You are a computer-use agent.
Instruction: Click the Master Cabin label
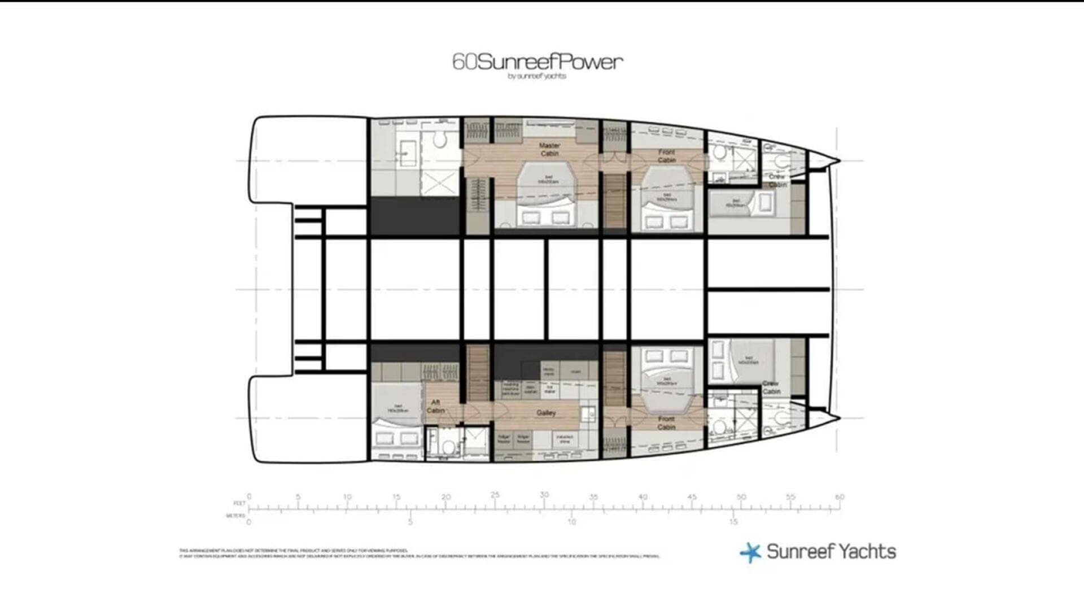pyautogui.click(x=549, y=150)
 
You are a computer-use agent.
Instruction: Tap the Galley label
pyautogui.click(x=546, y=413)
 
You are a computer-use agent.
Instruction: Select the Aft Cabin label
pyautogui.click(x=435, y=406)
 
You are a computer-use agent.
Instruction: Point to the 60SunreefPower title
pyautogui.click(x=537, y=62)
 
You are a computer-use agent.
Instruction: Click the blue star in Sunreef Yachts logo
pyautogui.click(x=750, y=552)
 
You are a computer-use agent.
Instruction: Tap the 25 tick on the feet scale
pyautogui.click(x=495, y=495)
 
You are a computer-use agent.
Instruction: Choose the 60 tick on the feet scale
pyautogui.click(x=840, y=498)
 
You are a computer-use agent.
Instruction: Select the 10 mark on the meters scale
pyautogui.click(x=572, y=522)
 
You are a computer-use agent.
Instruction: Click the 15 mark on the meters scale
pyautogui.click(x=733, y=522)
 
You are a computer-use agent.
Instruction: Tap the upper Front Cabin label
pyautogui.click(x=666, y=156)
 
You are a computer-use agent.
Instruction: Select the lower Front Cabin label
pyautogui.click(x=666, y=422)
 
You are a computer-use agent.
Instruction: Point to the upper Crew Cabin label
pyautogui.click(x=777, y=180)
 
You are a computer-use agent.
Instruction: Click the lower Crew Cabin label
pyautogui.click(x=771, y=387)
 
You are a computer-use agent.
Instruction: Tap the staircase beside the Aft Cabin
pyautogui.click(x=478, y=373)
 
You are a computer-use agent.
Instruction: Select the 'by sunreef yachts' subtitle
pyautogui.click(x=537, y=76)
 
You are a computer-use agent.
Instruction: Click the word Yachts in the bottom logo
pyautogui.click(x=864, y=552)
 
